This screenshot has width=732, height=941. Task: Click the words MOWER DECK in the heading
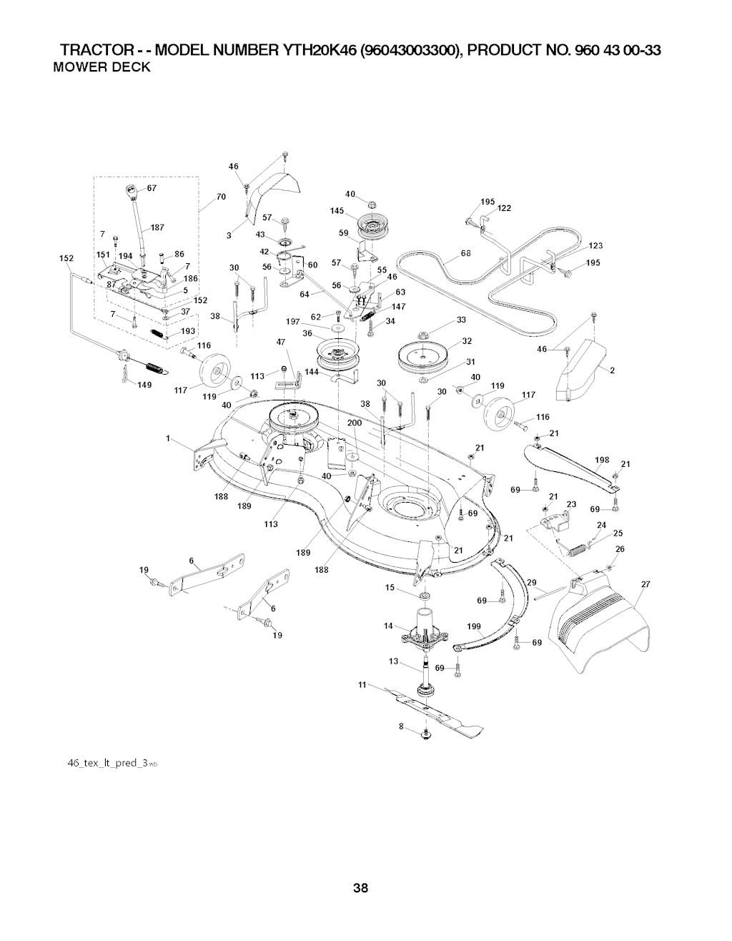pyautogui.click(x=102, y=67)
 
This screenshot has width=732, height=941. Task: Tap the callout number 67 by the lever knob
pyautogui.click(x=152, y=189)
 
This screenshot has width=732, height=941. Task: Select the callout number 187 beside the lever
pyautogui.click(x=157, y=227)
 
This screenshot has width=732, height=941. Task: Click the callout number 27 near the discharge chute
pyautogui.click(x=646, y=585)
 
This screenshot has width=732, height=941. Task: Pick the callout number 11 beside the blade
pyautogui.click(x=362, y=684)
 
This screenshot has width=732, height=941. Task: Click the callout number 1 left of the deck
pyautogui.click(x=168, y=439)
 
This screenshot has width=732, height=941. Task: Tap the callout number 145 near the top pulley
pyautogui.click(x=338, y=210)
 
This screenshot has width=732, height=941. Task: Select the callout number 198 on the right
pyautogui.click(x=601, y=460)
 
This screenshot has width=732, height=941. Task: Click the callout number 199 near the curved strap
pyautogui.click(x=473, y=626)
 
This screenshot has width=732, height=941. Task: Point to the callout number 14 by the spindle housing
pyautogui.click(x=388, y=626)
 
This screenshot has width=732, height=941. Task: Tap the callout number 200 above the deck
pyautogui.click(x=355, y=423)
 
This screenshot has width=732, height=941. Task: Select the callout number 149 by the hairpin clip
pyautogui.click(x=144, y=385)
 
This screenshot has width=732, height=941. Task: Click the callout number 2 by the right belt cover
pyautogui.click(x=613, y=370)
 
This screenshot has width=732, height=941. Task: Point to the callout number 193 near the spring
pyautogui.click(x=188, y=331)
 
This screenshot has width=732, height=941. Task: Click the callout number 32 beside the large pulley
pyautogui.click(x=467, y=340)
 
